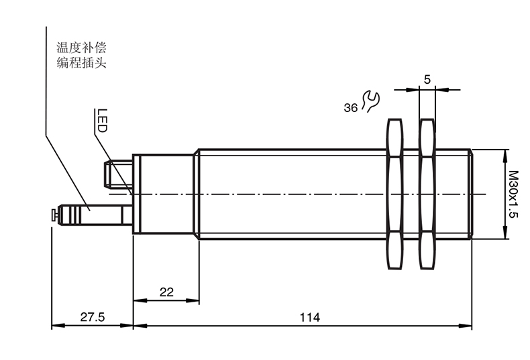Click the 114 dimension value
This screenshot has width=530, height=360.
309,316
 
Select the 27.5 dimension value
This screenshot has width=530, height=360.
92,316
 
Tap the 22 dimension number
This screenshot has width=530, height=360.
166,292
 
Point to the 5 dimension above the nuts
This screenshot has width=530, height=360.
427,79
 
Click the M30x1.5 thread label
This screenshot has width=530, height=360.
513,194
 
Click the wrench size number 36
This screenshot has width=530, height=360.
350,108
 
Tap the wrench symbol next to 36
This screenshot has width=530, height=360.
370,101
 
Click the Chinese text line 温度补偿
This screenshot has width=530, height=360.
82,48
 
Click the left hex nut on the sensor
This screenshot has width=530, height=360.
394,194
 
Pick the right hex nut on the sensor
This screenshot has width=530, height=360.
427,194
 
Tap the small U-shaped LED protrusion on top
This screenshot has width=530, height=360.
118,174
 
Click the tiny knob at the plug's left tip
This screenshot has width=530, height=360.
54,215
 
